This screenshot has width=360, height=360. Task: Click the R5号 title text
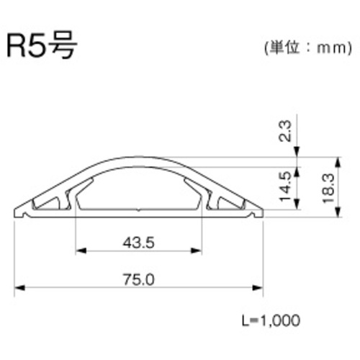[42, 45]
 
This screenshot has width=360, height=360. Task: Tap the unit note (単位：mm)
[308, 48]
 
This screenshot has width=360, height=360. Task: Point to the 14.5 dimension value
[285, 186]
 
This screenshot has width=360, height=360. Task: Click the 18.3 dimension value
[328, 189]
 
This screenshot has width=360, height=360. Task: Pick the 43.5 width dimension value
[138, 243]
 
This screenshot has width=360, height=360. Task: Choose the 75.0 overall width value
[138, 279]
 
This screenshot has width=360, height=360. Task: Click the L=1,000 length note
[271, 320]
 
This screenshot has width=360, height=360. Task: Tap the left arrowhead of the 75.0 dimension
[19, 288]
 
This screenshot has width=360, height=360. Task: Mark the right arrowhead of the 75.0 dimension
[258, 288]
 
